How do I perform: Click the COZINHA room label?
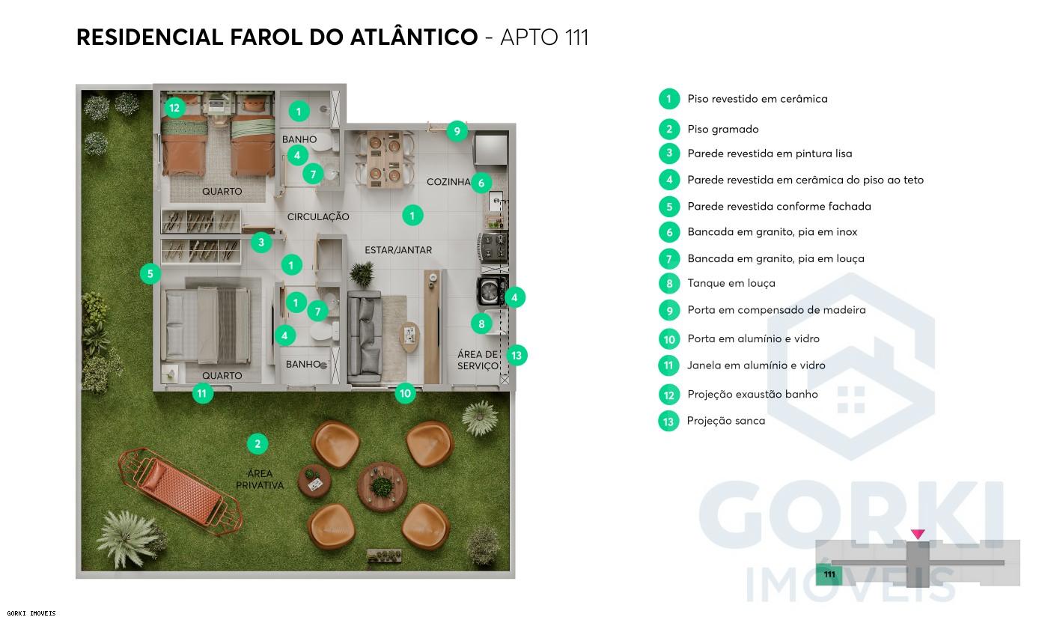coord(448,182)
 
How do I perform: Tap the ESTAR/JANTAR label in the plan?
coord(397,250)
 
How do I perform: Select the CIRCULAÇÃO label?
coord(318,217)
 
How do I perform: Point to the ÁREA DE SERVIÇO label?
coord(478,360)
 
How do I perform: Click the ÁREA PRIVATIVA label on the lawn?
coord(260,479)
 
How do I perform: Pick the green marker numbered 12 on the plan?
coord(174,108)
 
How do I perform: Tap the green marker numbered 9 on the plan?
coord(457,132)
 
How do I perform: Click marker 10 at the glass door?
coord(405,393)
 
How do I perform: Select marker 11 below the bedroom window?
coord(202,392)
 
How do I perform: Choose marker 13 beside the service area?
coord(517,355)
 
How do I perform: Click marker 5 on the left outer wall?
coord(150,274)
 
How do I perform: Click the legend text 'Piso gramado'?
coord(722,130)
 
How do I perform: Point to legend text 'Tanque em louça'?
coord(731,283)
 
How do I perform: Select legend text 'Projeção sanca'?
coord(725,421)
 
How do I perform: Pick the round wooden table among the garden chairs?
coord(383,487)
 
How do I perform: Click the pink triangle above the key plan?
coord(918,534)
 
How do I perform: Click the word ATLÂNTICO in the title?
coord(414,37)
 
